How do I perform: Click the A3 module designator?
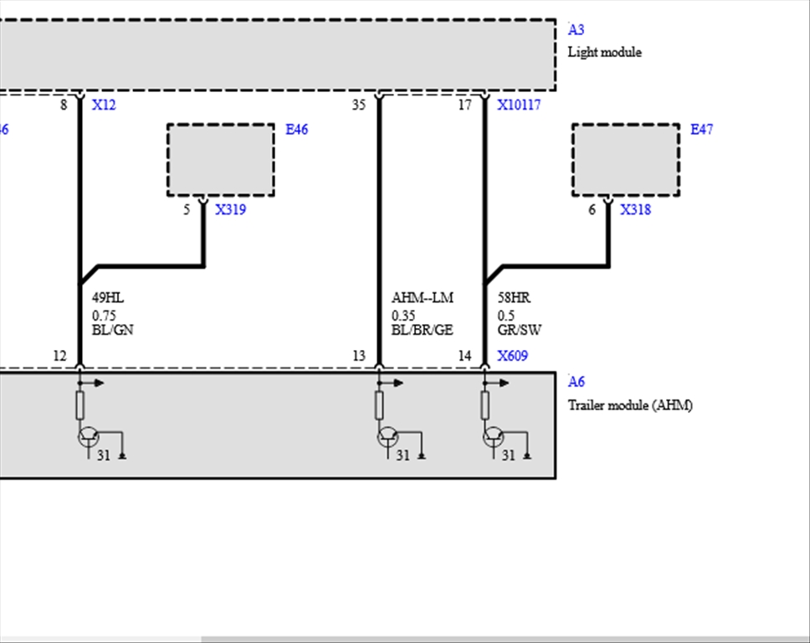click(x=576, y=30)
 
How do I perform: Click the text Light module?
click(x=604, y=52)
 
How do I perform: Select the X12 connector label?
click(x=104, y=105)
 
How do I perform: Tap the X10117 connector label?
click(x=519, y=105)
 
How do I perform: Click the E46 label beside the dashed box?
click(x=296, y=129)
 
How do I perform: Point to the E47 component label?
click(x=701, y=129)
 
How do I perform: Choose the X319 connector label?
click(x=230, y=209)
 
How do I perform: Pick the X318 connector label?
click(x=635, y=209)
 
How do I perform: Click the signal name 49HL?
click(x=108, y=298)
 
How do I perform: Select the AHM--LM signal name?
click(x=423, y=298)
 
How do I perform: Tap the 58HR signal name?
click(x=514, y=298)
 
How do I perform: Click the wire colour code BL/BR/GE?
click(x=422, y=330)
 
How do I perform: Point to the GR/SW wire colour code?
click(x=520, y=330)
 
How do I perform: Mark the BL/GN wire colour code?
click(x=113, y=330)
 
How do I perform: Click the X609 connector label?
click(x=512, y=356)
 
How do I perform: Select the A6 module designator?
click(x=576, y=382)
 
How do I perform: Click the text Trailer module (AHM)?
click(x=630, y=405)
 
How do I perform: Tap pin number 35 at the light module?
click(x=359, y=105)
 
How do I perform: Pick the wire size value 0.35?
click(x=403, y=316)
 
